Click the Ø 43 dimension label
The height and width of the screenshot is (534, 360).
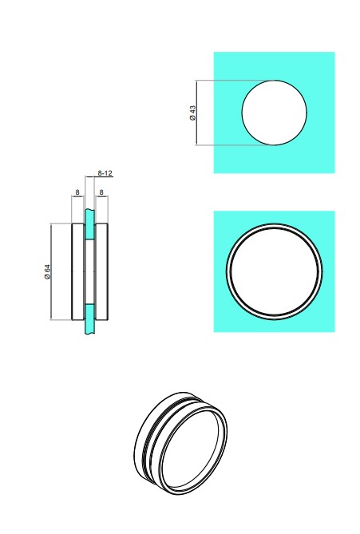coord(192,113)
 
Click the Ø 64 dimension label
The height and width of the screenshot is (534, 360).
coord(47,271)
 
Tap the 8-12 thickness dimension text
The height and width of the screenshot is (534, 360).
coord(105,173)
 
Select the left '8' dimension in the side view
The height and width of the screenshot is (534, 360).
coord(77,192)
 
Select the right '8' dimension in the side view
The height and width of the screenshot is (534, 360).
coord(101,192)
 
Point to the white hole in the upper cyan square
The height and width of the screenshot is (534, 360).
coord(274,113)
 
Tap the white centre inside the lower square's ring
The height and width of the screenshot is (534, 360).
coord(274,271)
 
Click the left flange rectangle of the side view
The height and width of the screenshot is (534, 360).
coord(78,271)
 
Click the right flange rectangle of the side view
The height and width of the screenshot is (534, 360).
coord(102,271)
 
